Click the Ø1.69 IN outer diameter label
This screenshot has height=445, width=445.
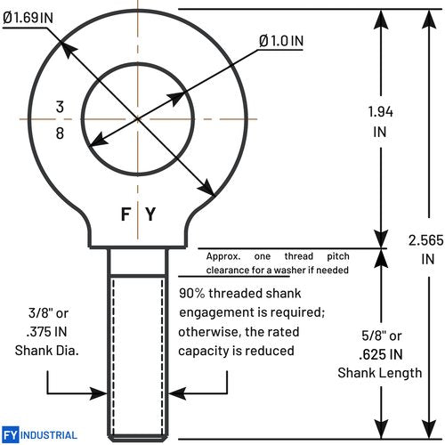click(x=28, y=18)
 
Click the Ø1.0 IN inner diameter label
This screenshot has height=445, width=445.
click(x=281, y=41)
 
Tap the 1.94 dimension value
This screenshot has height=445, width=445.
click(x=380, y=112)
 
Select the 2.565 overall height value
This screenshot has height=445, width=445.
click(x=425, y=240)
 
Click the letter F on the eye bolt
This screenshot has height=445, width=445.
click(x=125, y=214)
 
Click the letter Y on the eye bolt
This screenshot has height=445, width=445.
click(x=150, y=214)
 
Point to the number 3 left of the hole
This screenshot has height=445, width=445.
click(x=60, y=107)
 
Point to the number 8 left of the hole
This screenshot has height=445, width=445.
click(x=60, y=133)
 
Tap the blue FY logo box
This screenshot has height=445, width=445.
click(x=11, y=435)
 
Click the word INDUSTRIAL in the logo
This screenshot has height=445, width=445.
click(x=49, y=435)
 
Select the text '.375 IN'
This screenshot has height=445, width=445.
click(x=46, y=332)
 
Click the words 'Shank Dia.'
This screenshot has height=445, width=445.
click(x=47, y=351)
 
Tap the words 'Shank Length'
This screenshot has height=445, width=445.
click(x=380, y=373)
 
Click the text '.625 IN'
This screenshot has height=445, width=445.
click(x=381, y=354)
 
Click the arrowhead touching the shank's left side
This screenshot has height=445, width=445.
click(x=99, y=393)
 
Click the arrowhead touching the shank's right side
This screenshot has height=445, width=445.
click(x=177, y=393)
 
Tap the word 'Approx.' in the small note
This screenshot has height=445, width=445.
click(x=223, y=256)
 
